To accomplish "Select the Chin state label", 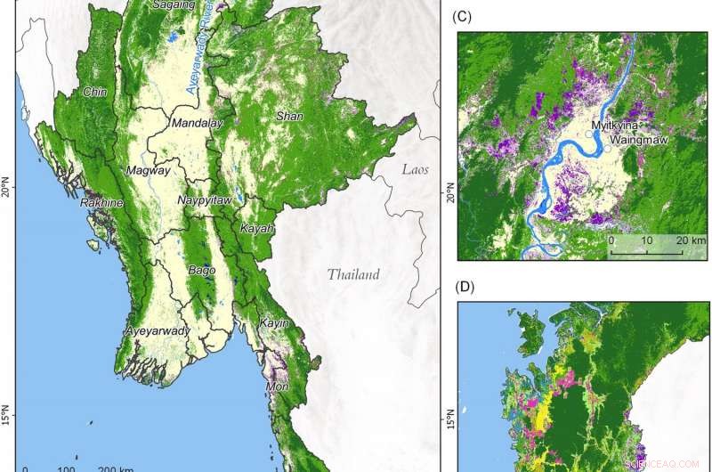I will tap(94, 92).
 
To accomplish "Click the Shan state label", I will tap(290, 116).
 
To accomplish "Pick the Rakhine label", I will tap(101, 203).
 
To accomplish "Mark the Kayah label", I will tap(257, 229).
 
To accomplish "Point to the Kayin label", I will tap(274, 323).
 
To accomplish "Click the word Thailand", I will tap(352, 274).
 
